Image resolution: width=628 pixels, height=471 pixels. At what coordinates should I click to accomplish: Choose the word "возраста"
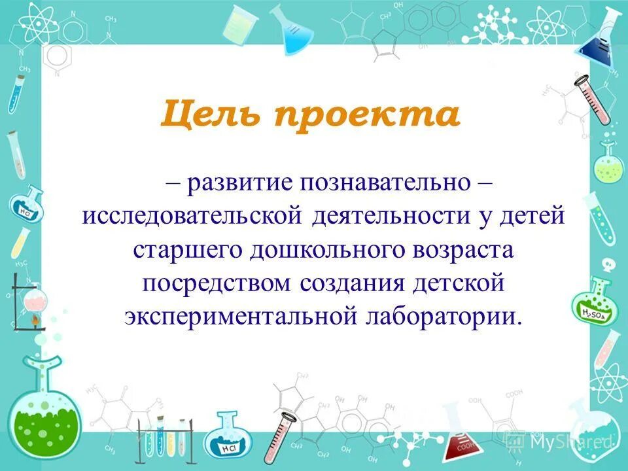point(458,249)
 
